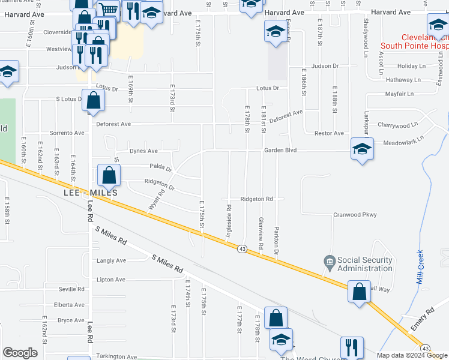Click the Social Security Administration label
point(364,264)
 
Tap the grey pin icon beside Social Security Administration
point(329,261)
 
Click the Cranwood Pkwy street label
point(355,214)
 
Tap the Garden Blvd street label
point(281,151)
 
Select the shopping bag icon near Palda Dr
point(109,176)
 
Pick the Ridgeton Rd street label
point(257,199)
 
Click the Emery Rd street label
point(422,319)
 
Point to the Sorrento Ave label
point(67,133)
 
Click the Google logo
point(20,353)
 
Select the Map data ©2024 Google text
point(412,355)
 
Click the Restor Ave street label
point(330,133)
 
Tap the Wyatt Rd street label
point(157,200)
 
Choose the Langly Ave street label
point(112,260)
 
